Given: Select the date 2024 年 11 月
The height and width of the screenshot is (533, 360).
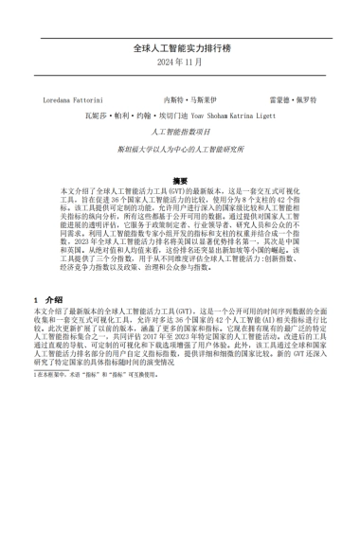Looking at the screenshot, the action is pos(180,62).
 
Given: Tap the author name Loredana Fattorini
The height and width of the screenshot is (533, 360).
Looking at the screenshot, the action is pos(80,99).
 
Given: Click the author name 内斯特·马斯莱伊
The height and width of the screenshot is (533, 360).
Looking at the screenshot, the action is pos(191,99).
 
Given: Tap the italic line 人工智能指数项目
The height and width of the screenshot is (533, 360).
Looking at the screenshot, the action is pos(179,133).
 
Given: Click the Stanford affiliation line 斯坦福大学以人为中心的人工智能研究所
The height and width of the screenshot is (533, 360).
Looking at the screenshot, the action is pos(180,150).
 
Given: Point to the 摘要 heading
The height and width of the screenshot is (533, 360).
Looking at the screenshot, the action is pos(180,179).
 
